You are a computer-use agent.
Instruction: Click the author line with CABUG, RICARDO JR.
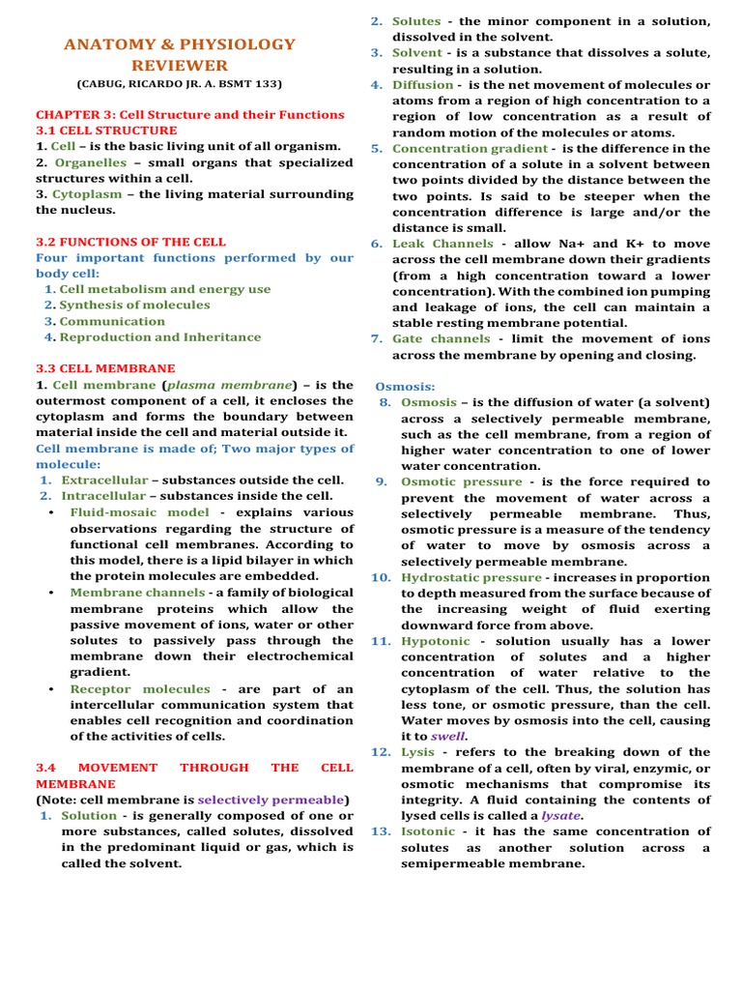point(180,84)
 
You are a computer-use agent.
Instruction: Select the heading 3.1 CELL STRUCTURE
point(106,131)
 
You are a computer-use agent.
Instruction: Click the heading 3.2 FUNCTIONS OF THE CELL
point(130,242)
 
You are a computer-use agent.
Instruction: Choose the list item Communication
point(112,321)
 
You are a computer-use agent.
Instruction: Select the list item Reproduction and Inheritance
point(160,337)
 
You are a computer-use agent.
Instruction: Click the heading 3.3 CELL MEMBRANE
point(105,368)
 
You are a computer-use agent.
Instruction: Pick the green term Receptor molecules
point(139,689)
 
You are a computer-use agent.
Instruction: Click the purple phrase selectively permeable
point(271,800)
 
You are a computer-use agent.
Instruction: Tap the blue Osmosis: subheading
point(405,386)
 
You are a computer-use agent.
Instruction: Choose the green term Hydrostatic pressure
point(459,577)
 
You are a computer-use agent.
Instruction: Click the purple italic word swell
point(447,736)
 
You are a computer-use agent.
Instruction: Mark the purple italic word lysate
point(560,815)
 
